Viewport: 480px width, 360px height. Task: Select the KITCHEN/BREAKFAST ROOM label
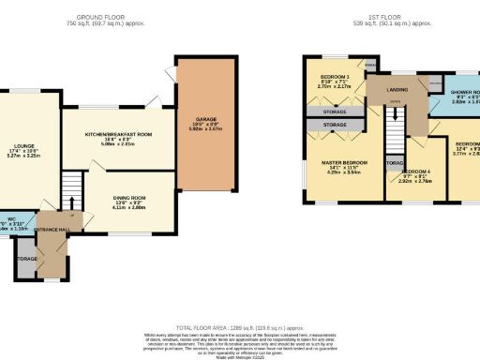[x=118, y=135]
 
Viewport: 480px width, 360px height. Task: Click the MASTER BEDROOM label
[x=346, y=162]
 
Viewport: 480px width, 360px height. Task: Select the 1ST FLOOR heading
[x=388, y=18]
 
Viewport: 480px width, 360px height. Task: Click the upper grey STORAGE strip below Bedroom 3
[x=334, y=112]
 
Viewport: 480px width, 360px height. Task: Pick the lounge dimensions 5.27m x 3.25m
[x=20, y=157]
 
